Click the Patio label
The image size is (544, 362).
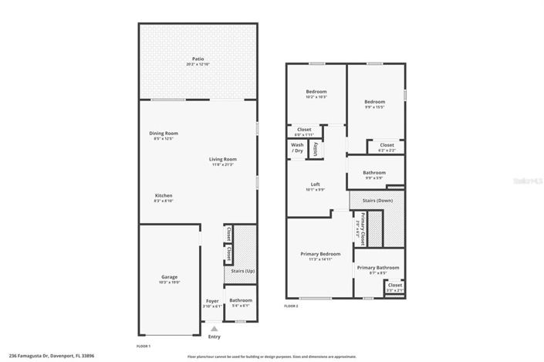[x=198, y=59]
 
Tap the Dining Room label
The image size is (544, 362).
[x=163, y=134]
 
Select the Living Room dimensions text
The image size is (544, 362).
[x=222, y=164]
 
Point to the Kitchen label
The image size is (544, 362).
[x=163, y=195]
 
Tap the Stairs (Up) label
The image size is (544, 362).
[x=243, y=271]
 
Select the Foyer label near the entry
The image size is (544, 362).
[x=212, y=300]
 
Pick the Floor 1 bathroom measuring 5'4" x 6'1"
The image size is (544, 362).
[x=241, y=300]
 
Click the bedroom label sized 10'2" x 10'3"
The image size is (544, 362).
[x=316, y=92]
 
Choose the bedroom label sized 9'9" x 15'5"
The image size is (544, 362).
[x=374, y=102]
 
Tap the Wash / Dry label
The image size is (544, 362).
[x=297, y=147]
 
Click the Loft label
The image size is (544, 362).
[x=315, y=184]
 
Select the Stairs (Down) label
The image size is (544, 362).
[x=377, y=200]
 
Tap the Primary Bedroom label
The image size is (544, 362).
[x=319, y=254]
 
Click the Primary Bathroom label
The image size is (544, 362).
[x=378, y=267]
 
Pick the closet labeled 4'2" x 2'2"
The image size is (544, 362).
[x=387, y=145]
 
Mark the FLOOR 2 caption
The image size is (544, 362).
[x=291, y=306]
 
